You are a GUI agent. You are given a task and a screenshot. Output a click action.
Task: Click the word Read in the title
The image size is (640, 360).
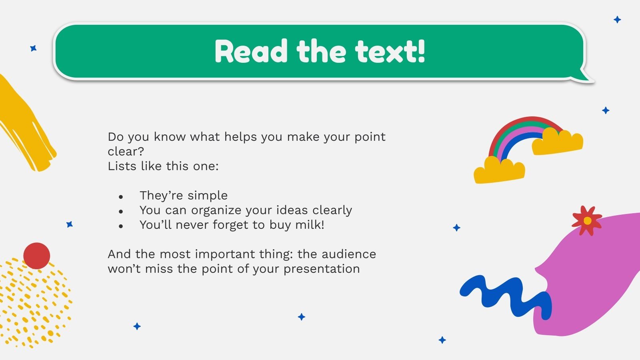[x=251, y=52]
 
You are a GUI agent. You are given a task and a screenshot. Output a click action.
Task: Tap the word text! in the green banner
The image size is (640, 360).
[x=390, y=52]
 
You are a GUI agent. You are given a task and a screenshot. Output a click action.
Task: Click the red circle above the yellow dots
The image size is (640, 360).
[x=36, y=255]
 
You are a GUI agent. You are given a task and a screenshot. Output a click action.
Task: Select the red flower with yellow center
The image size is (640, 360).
[x=587, y=220]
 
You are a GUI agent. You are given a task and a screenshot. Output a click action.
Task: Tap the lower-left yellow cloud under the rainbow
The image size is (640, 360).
[x=498, y=171]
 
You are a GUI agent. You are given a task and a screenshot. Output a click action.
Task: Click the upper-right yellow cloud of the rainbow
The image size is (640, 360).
[x=558, y=142]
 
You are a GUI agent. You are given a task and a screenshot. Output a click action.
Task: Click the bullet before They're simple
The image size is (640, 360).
[x=121, y=196]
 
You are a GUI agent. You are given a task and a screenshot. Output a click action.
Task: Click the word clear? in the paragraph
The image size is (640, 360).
[x=126, y=152]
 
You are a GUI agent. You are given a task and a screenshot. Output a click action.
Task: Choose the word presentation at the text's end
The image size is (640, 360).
[x=322, y=269]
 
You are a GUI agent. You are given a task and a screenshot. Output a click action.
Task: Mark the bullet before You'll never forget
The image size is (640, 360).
[x=121, y=226]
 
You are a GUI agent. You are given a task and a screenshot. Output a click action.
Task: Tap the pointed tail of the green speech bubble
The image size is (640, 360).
[x=585, y=76]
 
